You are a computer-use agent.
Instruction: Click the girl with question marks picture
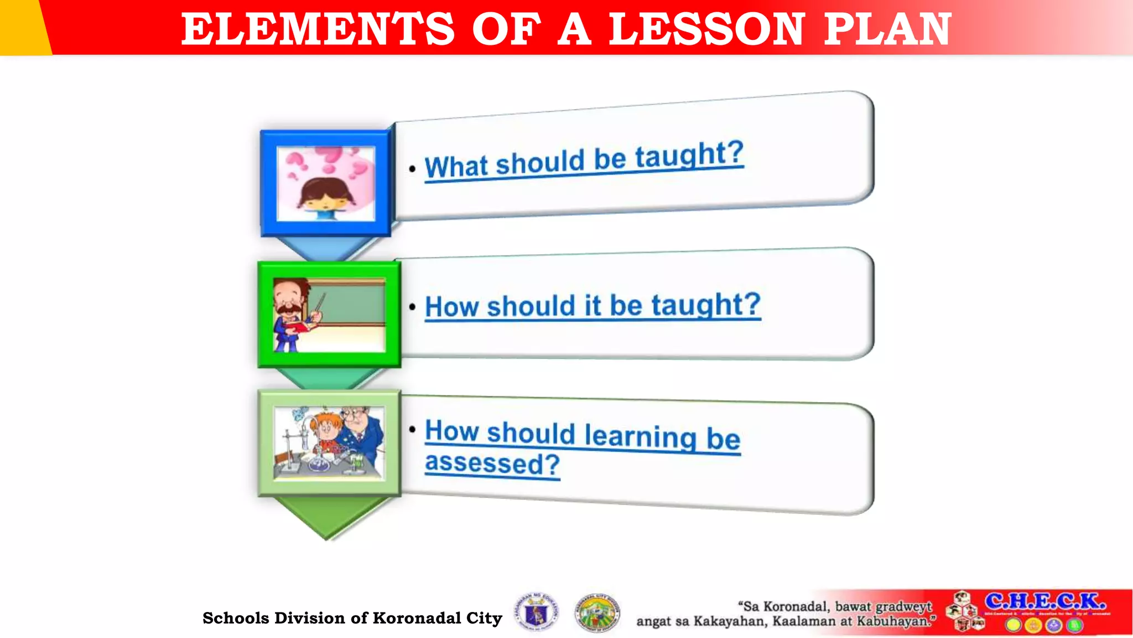(x=326, y=183)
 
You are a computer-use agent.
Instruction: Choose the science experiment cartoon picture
(x=329, y=443)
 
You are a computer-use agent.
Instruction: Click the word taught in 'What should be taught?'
(x=689, y=155)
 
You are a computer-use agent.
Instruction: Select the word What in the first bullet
(x=456, y=166)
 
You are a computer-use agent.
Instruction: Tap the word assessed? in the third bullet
(x=492, y=463)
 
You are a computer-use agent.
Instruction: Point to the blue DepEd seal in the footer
(x=536, y=613)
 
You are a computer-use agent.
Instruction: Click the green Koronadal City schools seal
(x=597, y=613)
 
